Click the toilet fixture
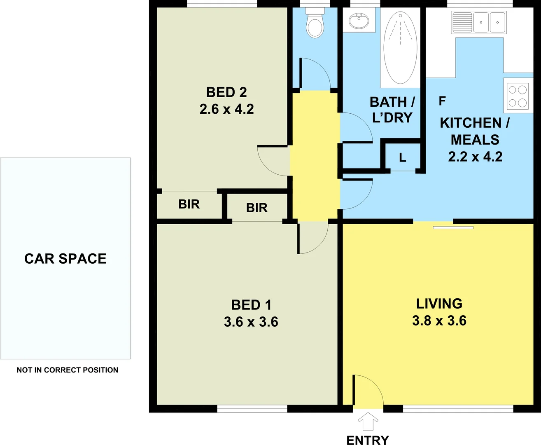click(x=315, y=25)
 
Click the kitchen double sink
click(x=479, y=22)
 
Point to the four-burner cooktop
click(x=518, y=96)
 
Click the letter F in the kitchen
click(x=442, y=101)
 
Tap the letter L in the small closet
click(x=402, y=157)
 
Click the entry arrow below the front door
click(x=368, y=422)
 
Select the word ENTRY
click(x=368, y=440)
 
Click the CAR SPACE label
click(x=65, y=258)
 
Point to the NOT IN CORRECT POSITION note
click(x=68, y=370)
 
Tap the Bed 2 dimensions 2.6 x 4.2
click(x=226, y=109)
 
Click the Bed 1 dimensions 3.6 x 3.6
click(x=251, y=322)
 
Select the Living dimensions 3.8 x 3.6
click(x=439, y=321)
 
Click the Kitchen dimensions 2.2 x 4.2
click(x=475, y=157)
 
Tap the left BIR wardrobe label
click(x=189, y=204)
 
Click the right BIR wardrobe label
click(x=257, y=208)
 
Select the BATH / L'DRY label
click(x=392, y=110)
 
